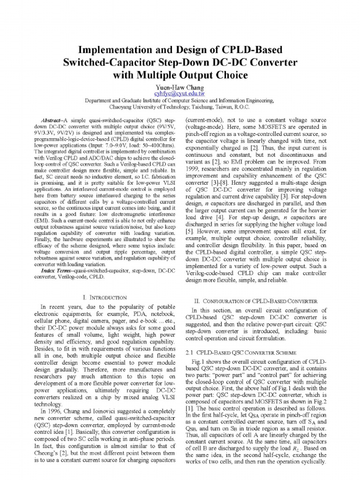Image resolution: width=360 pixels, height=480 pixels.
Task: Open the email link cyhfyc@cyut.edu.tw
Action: coord(180,94)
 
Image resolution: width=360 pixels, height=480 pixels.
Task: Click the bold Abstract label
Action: coord(52,120)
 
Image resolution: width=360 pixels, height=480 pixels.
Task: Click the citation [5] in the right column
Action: coord(189,231)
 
